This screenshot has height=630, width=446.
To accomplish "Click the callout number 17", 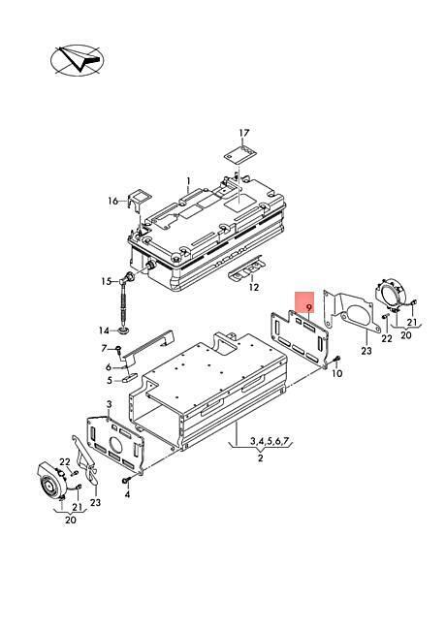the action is (244, 133).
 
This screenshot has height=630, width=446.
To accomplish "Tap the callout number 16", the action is (112, 201).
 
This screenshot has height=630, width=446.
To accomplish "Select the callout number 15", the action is (107, 281).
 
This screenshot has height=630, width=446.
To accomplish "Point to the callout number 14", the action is (104, 331).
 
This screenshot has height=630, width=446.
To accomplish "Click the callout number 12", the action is (254, 287).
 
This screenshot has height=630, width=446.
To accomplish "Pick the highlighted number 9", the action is (308, 308).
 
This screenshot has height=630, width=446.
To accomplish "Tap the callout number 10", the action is (337, 373).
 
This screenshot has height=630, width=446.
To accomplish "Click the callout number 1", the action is (188, 181).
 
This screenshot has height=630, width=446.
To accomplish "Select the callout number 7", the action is (104, 348).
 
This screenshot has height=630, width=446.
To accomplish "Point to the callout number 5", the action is (110, 380).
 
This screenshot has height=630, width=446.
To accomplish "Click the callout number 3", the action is (109, 403).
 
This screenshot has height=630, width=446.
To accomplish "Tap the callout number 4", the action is (127, 494).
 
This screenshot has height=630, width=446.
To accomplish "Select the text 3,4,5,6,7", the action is (270, 441).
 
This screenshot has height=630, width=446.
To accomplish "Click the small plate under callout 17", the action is (240, 155).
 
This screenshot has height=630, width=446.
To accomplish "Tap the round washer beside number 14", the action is (124, 331).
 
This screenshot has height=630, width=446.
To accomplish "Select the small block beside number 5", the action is (129, 377).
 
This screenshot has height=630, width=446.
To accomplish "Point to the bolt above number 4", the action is (126, 480).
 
